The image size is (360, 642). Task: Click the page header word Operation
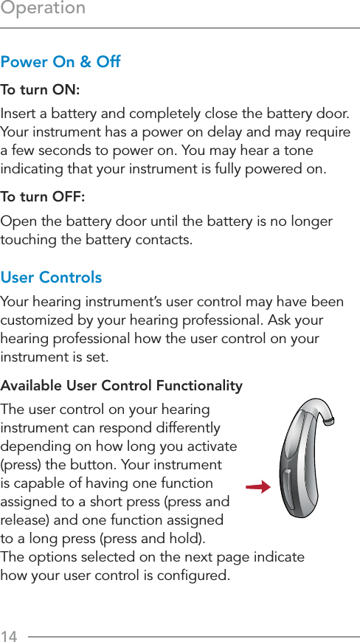coord(43,9)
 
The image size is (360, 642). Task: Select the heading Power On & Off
coord(61,61)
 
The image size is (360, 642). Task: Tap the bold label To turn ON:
coord(41,89)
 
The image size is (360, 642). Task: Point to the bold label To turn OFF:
coord(43,197)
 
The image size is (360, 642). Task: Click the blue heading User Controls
coord(52,277)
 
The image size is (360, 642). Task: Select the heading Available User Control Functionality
coord(122,386)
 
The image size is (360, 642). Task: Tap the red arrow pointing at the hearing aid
coord(257,486)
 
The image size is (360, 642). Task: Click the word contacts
coord(165,241)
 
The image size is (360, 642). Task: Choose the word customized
coord(36,321)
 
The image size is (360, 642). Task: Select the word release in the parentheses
coord(24,520)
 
